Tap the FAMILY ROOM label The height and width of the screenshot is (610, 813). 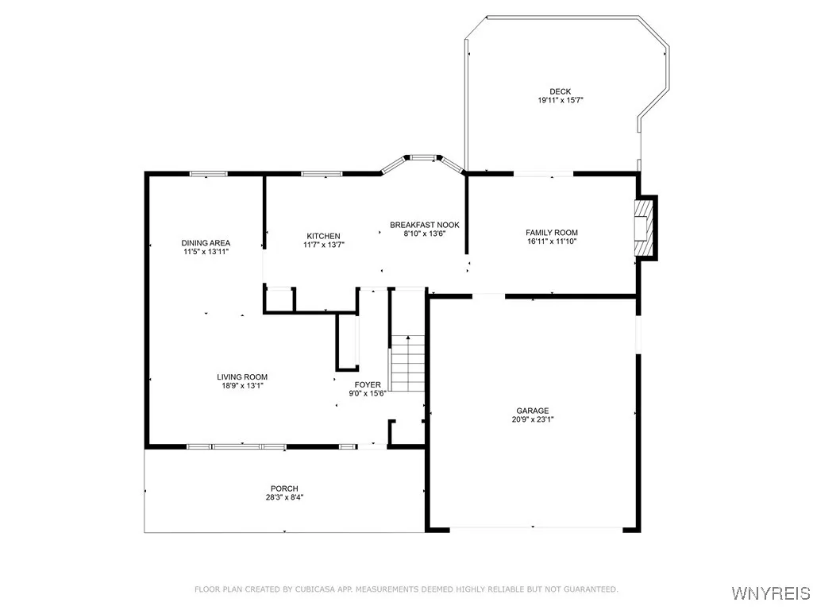click(x=551, y=233)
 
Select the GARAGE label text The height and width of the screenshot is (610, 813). click(x=532, y=411)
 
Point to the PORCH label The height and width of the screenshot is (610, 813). click(x=283, y=488)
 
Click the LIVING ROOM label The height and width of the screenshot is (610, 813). click(x=242, y=377)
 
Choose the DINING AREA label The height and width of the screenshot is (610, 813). click(x=206, y=243)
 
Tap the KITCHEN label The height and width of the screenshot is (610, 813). click(x=323, y=236)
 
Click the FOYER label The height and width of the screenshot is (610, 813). click(x=368, y=384)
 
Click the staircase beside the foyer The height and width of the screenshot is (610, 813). click(x=407, y=363)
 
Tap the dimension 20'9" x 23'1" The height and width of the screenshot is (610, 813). click(x=532, y=419)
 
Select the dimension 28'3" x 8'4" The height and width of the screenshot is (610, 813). click(x=283, y=497)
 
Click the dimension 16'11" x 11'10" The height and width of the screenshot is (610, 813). click(x=551, y=241)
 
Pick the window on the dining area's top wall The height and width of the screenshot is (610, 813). click(x=207, y=174)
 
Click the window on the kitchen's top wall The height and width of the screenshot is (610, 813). click(x=322, y=174)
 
